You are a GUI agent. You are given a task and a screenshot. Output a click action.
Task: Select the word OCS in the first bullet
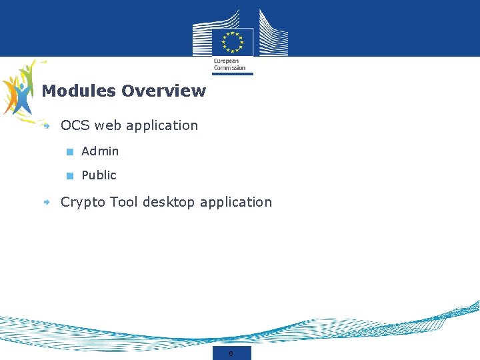[x=75, y=125]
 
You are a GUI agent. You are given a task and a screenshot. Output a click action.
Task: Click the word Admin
[x=100, y=151]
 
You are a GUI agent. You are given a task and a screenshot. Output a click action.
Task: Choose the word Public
[x=99, y=175]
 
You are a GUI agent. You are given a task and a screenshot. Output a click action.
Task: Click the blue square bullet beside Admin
[x=69, y=152]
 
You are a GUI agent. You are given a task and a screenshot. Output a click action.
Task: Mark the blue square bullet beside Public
[x=69, y=176]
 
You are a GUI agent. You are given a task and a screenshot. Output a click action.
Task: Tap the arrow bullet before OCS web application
[x=47, y=125]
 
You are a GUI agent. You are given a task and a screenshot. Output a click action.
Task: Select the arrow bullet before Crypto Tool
[x=47, y=202]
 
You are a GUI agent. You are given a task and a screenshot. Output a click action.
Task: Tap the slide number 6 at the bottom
[x=231, y=353]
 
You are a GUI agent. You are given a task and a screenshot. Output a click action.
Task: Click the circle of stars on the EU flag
[x=233, y=42]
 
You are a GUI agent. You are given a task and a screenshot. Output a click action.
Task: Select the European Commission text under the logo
[x=229, y=64]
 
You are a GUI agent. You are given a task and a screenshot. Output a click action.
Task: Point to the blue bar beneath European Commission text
[x=233, y=74]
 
